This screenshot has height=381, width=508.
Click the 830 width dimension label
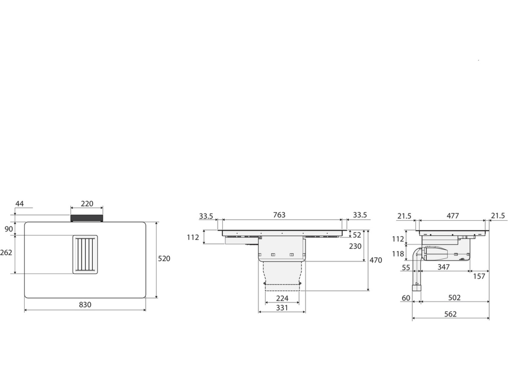(85, 305)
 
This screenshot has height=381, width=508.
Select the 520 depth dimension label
(164, 258)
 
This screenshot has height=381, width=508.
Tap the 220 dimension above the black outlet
(87, 204)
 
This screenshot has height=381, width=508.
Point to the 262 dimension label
(6, 252)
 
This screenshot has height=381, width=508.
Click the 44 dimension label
(19, 204)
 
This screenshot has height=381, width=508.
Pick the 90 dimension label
(9, 229)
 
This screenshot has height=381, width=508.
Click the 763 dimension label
(279, 215)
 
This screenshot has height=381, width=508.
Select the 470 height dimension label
(375, 260)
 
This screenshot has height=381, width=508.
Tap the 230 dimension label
(355, 246)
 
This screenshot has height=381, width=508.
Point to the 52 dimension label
(357, 235)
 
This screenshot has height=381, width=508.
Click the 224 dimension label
(282, 298)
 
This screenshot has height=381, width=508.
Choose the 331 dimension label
(282, 308)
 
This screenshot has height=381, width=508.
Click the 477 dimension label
(453, 216)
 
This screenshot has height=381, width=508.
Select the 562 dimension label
(450, 314)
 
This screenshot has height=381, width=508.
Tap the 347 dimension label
(443, 267)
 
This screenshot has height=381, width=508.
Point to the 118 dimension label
(398, 254)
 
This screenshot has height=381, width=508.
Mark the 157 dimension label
(479, 276)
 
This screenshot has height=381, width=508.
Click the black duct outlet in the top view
(87, 218)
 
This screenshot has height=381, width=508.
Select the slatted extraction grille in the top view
(85, 254)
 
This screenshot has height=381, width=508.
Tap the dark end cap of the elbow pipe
(417, 288)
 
